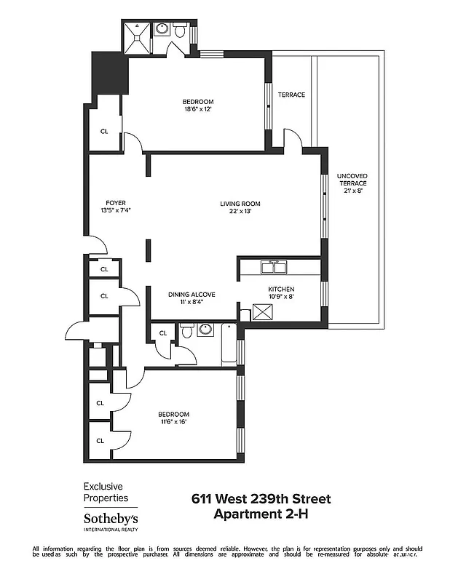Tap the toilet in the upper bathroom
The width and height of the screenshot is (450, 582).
161,29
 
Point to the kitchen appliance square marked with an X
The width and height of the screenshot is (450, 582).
261,313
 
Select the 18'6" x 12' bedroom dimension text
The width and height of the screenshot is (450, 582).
198,110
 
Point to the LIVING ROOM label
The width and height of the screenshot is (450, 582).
240,204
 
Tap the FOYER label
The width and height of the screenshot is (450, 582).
117,203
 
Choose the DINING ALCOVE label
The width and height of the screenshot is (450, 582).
192,294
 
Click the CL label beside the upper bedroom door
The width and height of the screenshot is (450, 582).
104,132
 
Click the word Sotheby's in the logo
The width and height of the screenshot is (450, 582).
110,519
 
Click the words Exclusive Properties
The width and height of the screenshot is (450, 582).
106,492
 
